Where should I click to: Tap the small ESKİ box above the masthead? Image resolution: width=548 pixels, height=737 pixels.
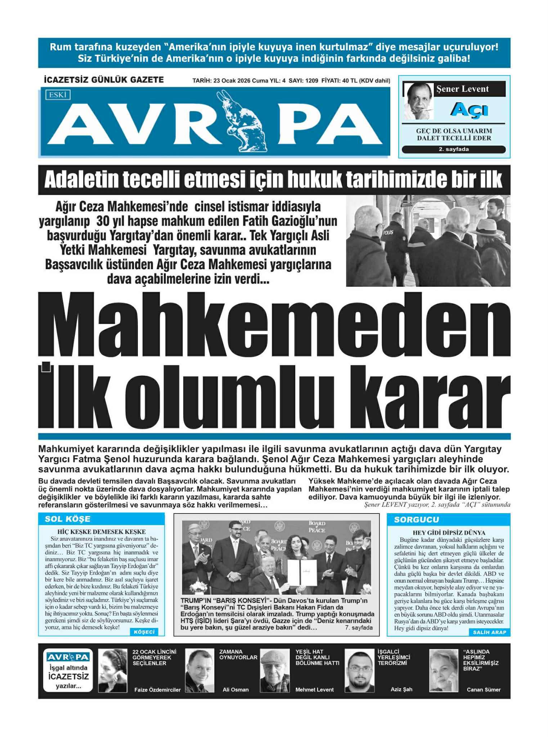(58, 95)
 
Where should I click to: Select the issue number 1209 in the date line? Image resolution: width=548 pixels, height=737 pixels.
(311, 81)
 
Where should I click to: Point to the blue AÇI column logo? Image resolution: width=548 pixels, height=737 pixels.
(469, 109)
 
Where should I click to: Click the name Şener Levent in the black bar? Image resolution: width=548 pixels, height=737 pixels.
(462, 89)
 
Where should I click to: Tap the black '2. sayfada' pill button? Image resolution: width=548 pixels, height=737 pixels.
(454, 149)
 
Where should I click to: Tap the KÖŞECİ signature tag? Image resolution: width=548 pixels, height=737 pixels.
(144, 632)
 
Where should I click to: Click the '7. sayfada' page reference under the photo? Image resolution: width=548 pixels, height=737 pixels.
(358, 628)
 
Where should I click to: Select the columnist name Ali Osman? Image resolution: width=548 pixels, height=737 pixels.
(235, 689)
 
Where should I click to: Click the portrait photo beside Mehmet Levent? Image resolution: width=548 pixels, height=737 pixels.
(275, 670)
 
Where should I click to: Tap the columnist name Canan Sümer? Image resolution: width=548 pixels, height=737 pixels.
(484, 689)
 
